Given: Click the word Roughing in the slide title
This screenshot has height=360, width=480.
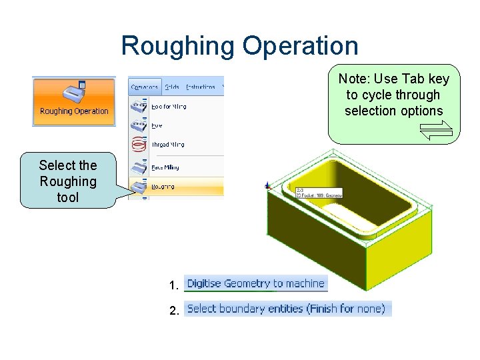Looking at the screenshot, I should (178, 47).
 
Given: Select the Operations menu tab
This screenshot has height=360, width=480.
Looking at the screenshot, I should (145, 87).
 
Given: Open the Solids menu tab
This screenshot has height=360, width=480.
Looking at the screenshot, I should (172, 87).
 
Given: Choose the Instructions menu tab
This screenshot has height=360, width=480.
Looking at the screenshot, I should (201, 87).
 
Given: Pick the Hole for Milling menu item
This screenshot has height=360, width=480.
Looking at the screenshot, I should (169, 106).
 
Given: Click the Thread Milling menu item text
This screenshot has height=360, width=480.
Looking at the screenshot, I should (168, 144).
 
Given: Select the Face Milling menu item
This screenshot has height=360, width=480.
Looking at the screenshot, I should (165, 167).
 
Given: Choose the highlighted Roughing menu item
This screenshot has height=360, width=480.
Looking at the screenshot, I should (163, 187).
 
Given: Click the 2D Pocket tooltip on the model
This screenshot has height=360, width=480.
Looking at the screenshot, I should (319, 193).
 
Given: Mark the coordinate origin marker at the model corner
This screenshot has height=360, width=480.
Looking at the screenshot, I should (267, 185).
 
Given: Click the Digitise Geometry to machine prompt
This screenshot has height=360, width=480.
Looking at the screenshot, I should (255, 283).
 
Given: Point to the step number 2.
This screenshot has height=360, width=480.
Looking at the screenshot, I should (174, 311).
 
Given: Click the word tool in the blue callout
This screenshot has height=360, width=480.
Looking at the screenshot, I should (68, 197).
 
